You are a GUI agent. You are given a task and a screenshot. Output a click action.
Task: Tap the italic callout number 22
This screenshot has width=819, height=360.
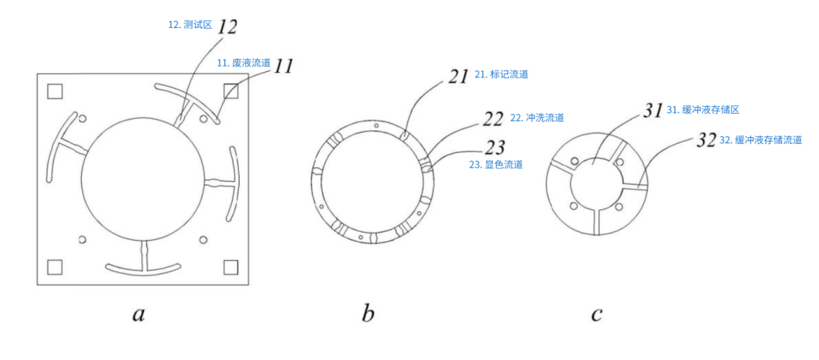[x=494, y=119]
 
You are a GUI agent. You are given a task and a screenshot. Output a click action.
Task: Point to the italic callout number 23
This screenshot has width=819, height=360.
[x=494, y=146]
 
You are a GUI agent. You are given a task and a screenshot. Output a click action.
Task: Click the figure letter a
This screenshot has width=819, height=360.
[x=138, y=315]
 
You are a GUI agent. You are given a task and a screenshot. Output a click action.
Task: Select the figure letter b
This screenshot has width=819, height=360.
[x=368, y=314]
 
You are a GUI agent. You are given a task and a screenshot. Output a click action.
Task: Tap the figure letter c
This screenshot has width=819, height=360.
[x=597, y=315]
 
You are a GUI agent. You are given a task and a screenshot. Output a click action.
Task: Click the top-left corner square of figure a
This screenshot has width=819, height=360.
[x=55, y=92]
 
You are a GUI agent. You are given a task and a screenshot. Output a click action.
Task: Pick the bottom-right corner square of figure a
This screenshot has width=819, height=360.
[x=231, y=267]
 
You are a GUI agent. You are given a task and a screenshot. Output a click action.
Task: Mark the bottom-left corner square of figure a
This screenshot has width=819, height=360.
[x=55, y=267]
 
